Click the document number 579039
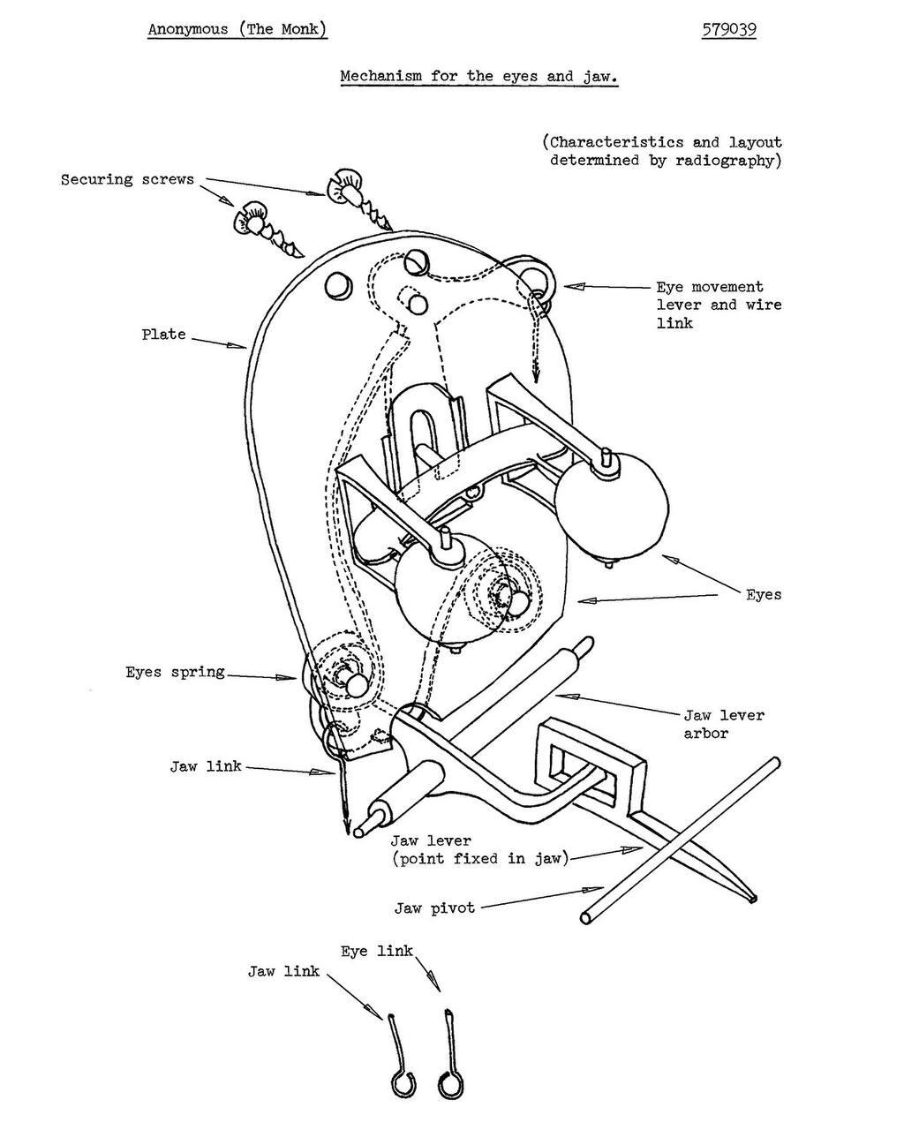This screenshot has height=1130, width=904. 729,29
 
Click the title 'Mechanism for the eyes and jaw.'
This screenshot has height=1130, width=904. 478,76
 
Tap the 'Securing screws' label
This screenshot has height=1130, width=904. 127,179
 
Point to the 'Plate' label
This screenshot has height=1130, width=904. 163,335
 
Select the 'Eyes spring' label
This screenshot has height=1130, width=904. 175,672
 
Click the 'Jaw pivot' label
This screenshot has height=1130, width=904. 434,907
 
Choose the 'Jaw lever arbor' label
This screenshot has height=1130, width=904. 724,724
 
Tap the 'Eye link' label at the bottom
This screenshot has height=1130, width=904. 377,951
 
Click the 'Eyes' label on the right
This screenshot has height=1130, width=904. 764,594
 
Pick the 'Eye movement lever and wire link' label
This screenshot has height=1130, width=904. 719,305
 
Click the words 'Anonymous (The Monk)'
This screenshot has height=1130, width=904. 237,29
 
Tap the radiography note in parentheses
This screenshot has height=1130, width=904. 664,151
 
